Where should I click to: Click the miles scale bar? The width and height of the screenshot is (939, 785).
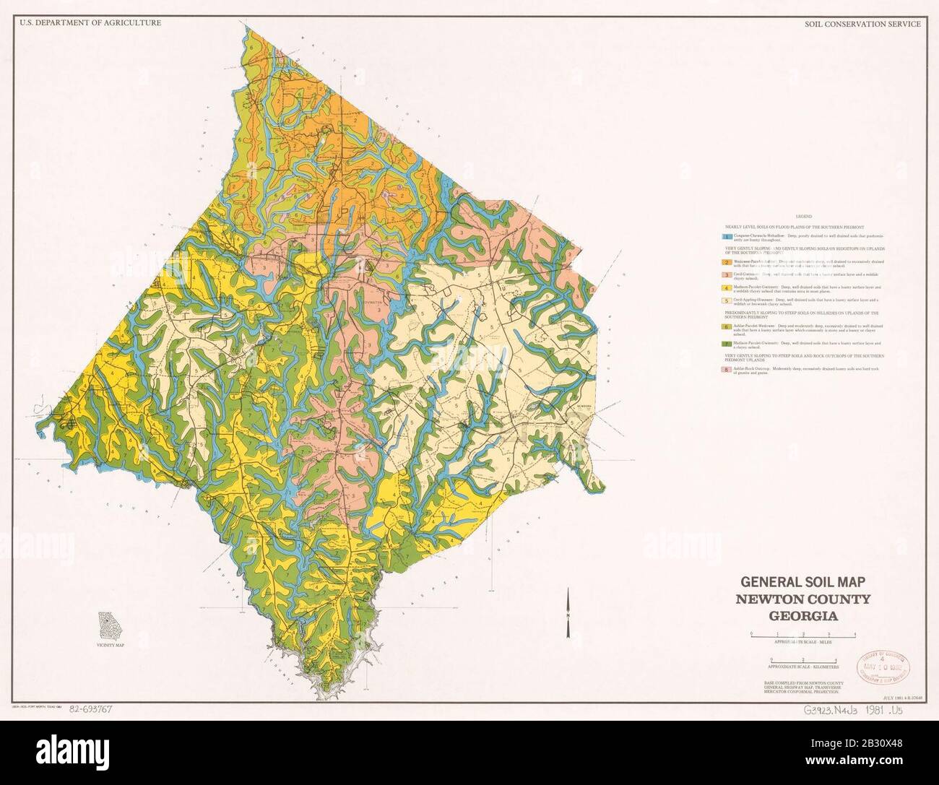pos(803,633)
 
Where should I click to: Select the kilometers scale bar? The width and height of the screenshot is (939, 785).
pos(803,660)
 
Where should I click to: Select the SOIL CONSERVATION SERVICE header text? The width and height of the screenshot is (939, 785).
pos(862,24)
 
